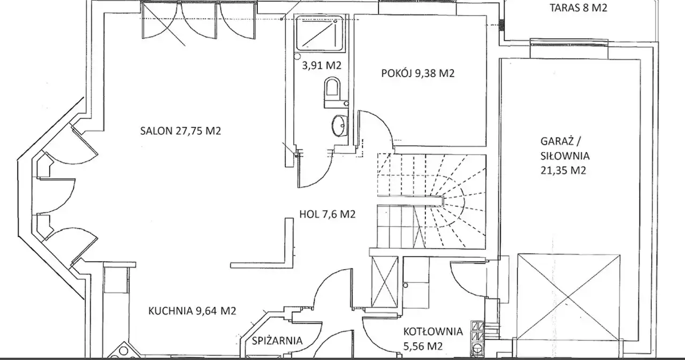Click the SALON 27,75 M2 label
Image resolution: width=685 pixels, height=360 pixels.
[180, 131]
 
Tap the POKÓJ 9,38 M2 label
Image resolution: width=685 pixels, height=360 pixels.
[418, 73]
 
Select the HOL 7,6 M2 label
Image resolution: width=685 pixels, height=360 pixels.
[327, 214]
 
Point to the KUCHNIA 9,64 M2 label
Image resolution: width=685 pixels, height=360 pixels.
[192, 311]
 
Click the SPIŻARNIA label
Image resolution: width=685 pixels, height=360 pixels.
[277, 340]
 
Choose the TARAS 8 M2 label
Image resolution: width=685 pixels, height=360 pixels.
[579, 7]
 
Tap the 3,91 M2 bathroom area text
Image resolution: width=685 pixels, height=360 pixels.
[322, 65]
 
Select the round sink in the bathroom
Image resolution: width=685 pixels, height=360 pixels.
[339, 125]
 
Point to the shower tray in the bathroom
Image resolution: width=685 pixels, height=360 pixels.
[318, 33]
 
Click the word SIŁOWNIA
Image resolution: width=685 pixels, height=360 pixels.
[565, 156]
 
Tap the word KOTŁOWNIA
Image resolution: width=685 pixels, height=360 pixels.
[433, 332]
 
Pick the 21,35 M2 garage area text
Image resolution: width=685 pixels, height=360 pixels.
[563, 170]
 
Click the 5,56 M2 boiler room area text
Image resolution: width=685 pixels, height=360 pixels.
[423, 346]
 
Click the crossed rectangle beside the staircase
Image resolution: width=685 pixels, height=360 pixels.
[384, 281]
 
